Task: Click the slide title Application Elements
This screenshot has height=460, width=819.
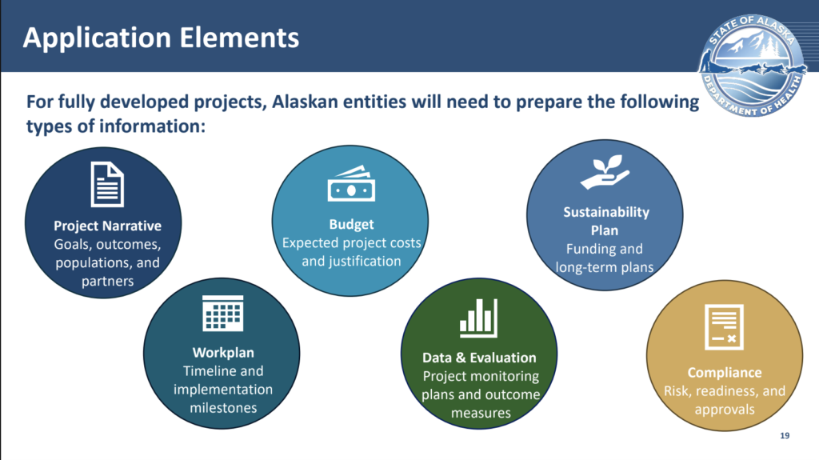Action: (161, 37)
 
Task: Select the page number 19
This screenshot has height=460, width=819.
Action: (784, 436)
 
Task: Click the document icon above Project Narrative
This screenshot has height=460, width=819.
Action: (107, 183)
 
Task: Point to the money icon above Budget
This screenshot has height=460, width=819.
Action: (351, 185)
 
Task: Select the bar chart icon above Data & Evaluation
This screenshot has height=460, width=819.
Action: (478, 318)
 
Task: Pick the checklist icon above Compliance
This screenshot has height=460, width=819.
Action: (724, 328)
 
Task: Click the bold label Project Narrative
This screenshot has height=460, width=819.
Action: (107, 226)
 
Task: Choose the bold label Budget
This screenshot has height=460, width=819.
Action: (351, 224)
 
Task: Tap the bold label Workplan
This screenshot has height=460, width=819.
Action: (223, 352)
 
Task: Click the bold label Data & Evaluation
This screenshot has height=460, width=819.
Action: (479, 357)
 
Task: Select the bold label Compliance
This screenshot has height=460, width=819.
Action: (725, 372)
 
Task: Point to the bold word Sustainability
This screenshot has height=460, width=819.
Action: (605, 212)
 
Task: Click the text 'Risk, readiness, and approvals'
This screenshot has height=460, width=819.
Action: (725, 400)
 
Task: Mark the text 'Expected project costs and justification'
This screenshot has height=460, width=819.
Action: (351, 252)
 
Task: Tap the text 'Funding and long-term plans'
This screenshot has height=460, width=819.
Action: (605, 258)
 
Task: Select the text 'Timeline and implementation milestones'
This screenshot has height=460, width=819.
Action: (223, 389)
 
